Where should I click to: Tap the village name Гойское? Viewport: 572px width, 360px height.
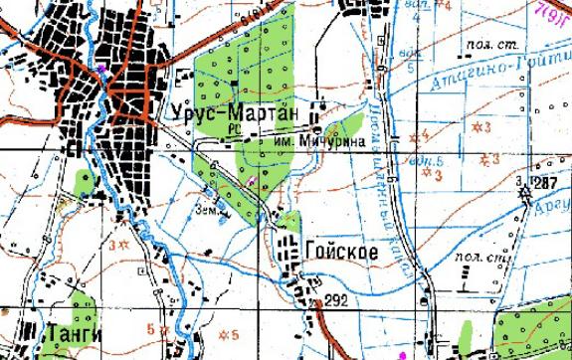[341, 253]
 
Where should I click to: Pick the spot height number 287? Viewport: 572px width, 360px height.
[544, 182]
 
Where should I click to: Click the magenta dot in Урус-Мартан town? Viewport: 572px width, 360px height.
[102, 68]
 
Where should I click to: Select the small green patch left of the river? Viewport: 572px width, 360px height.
[84, 183]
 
